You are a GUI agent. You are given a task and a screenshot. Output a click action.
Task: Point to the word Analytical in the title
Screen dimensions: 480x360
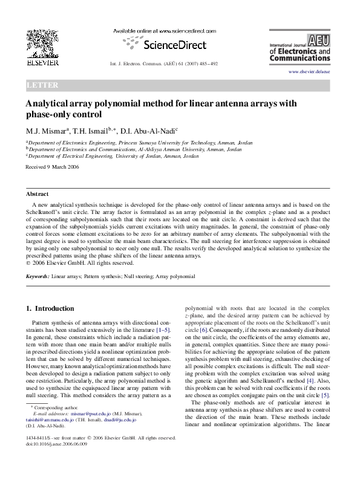(51, 103)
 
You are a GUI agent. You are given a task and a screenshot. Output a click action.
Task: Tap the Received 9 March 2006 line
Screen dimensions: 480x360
(52, 166)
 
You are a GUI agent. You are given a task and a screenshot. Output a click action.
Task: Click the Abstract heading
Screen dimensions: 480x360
(37, 194)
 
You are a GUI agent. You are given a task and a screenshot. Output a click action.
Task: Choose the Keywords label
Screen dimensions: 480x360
(37, 276)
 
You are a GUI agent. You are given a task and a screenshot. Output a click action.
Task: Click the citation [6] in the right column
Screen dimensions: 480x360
(204, 330)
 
